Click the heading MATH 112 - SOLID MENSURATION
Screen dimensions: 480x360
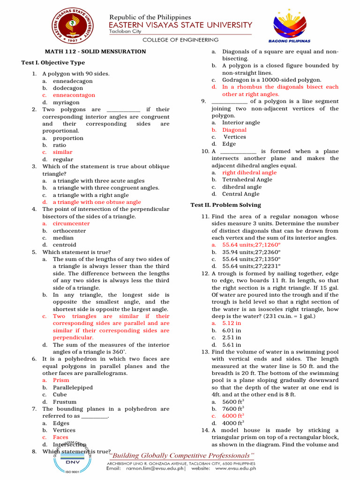[x=95, y=52]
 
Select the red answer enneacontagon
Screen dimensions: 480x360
[x=74, y=95]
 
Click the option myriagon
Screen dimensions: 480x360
[x=66, y=102]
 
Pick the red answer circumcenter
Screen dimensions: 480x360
[x=71, y=224]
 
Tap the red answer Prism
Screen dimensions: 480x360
[x=61, y=381]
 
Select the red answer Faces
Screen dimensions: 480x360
[x=60, y=437]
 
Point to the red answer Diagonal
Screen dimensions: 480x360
[x=234, y=130]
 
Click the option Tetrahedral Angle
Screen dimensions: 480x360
[x=247, y=180]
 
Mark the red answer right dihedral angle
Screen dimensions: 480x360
[x=249, y=172]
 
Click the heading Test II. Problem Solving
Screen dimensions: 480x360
[x=225, y=205]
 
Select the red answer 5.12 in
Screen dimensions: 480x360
[x=232, y=323]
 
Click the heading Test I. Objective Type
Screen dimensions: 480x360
[x=53, y=62]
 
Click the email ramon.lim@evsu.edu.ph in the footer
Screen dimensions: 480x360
[x=155, y=468]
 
